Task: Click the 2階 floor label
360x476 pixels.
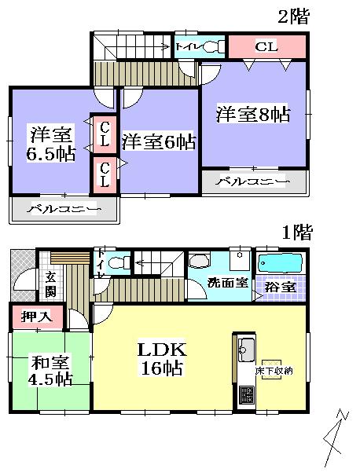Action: pos(292,16)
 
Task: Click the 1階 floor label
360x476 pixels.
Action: pos(297,232)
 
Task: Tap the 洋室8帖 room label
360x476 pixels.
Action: pos(253,115)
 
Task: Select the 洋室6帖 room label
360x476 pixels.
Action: pos(158,142)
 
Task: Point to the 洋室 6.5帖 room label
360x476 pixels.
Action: pos(51,143)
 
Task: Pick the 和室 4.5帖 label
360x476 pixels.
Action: pos(53,370)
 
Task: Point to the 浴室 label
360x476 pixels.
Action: pos(281,287)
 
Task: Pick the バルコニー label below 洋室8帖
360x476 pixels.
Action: pos(253,182)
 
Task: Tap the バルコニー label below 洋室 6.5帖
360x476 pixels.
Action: pos(64,211)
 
